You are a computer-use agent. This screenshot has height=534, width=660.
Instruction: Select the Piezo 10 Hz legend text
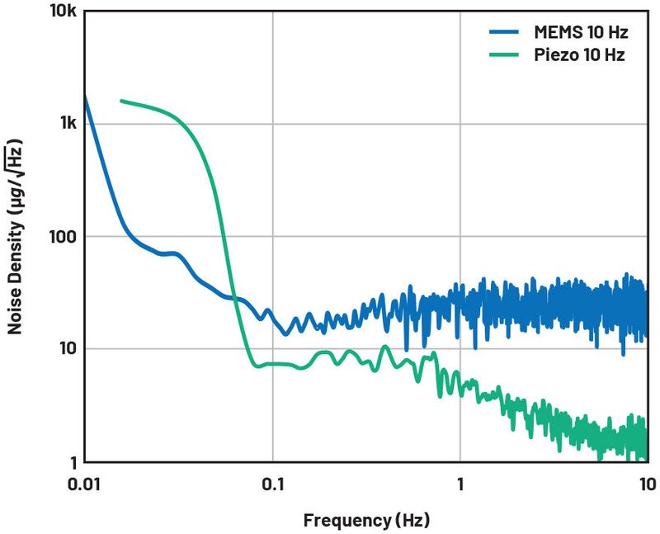(x=575, y=55)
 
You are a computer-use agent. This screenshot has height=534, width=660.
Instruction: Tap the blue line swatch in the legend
(x=503, y=33)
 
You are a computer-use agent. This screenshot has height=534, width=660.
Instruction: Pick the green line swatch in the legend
(x=503, y=55)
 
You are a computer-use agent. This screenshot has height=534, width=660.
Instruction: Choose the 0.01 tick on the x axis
(x=85, y=484)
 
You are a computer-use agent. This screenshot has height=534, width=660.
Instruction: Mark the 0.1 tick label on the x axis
(x=273, y=484)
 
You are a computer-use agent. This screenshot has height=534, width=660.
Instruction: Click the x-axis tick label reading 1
(x=460, y=484)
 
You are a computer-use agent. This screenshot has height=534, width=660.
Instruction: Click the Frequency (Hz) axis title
(x=366, y=520)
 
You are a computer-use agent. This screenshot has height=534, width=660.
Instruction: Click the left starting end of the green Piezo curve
(x=121, y=101)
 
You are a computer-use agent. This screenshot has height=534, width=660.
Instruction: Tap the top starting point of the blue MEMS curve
(x=85, y=95)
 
